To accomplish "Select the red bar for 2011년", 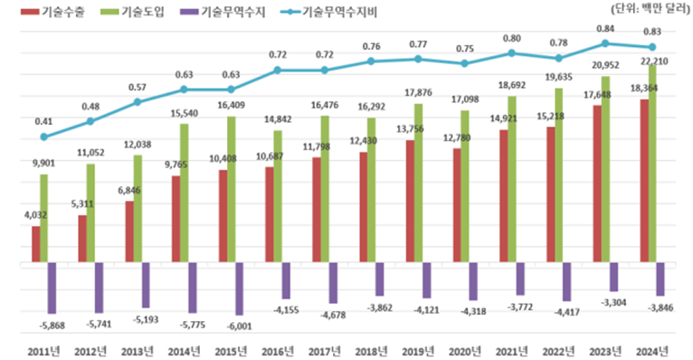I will click(x=36, y=244).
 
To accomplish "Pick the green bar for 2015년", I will click(x=231, y=190).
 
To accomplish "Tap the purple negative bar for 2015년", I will click(x=240, y=289).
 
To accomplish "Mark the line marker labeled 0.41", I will click(x=43, y=137).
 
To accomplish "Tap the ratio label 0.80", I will click(x=511, y=38).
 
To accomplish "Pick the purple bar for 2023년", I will click(x=613, y=278).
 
